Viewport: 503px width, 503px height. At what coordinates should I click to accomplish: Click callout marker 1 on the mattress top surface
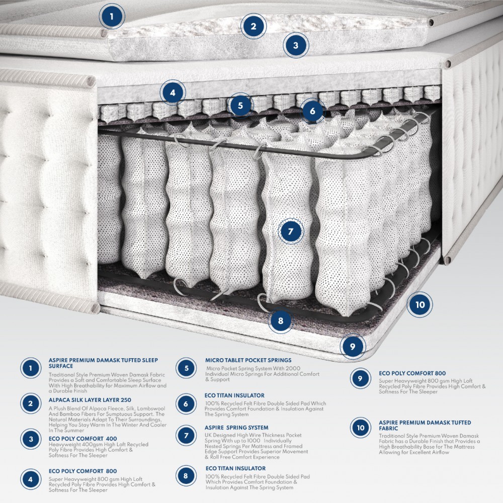pyautogui.click(x=112, y=17)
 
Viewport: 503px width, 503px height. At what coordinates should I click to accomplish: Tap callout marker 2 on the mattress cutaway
pyautogui.click(x=254, y=26)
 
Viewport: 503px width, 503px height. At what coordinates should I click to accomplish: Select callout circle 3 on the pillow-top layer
pyautogui.click(x=296, y=46)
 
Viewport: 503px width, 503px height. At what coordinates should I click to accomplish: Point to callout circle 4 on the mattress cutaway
pyautogui.click(x=173, y=93)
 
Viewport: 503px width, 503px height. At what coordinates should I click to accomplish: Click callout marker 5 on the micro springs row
pyautogui.click(x=240, y=105)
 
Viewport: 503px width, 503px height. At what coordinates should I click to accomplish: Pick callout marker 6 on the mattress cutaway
pyautogui.click(x=312, y=111)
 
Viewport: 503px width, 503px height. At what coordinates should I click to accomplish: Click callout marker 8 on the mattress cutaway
pyautogui.click(x=281, y=320)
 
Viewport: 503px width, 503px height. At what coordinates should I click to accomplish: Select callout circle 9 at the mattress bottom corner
pyautogui.click(x=353, y=346)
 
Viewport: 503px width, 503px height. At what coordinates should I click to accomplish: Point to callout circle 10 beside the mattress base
pyautogui.click(x=420, y=304)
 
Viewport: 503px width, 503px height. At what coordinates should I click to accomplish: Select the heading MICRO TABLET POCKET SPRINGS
pyautogui.click(x=248, y=360)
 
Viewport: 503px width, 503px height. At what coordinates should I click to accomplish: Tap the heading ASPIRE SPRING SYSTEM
pyautogui.click(x=236, y=428)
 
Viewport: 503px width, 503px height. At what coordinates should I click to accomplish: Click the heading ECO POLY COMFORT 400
pyautogui.click(x=82, y=439)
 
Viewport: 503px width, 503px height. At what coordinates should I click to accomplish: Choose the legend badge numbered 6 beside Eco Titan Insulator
pyautogui.click(x=186, y=404)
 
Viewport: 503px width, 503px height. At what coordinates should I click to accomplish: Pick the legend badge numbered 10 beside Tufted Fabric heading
pyautogui.click(x=360, y=428)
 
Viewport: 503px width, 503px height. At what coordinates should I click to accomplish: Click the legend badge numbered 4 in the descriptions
pyautogui.click(x=31, y=479)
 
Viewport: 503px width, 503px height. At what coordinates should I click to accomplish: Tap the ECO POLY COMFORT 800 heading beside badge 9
pyautogui.click(x=412, y=373)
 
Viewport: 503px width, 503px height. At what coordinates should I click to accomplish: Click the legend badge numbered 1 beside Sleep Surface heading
pyautogui.click(x=31, y=368)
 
